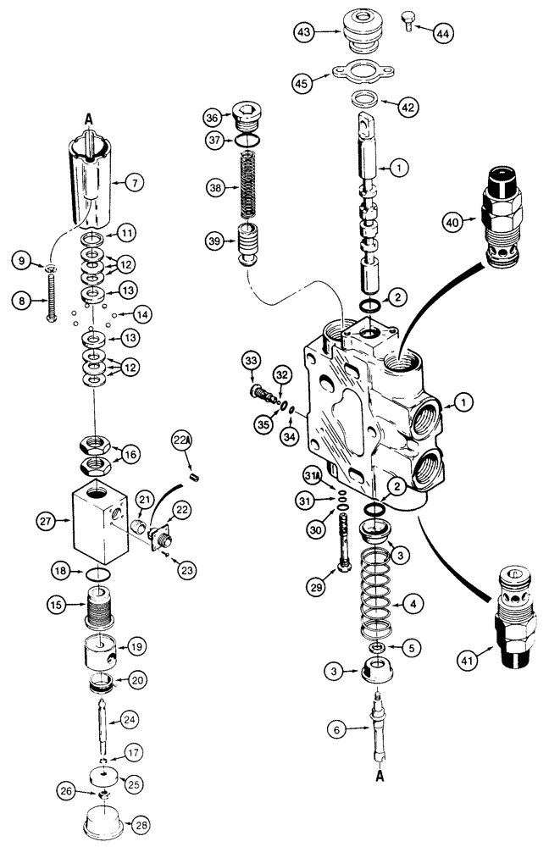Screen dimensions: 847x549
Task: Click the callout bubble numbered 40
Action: pyautogui.click(x=453, y=224)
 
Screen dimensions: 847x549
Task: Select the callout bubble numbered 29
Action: pyautogui.click(x=317, y=587)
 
